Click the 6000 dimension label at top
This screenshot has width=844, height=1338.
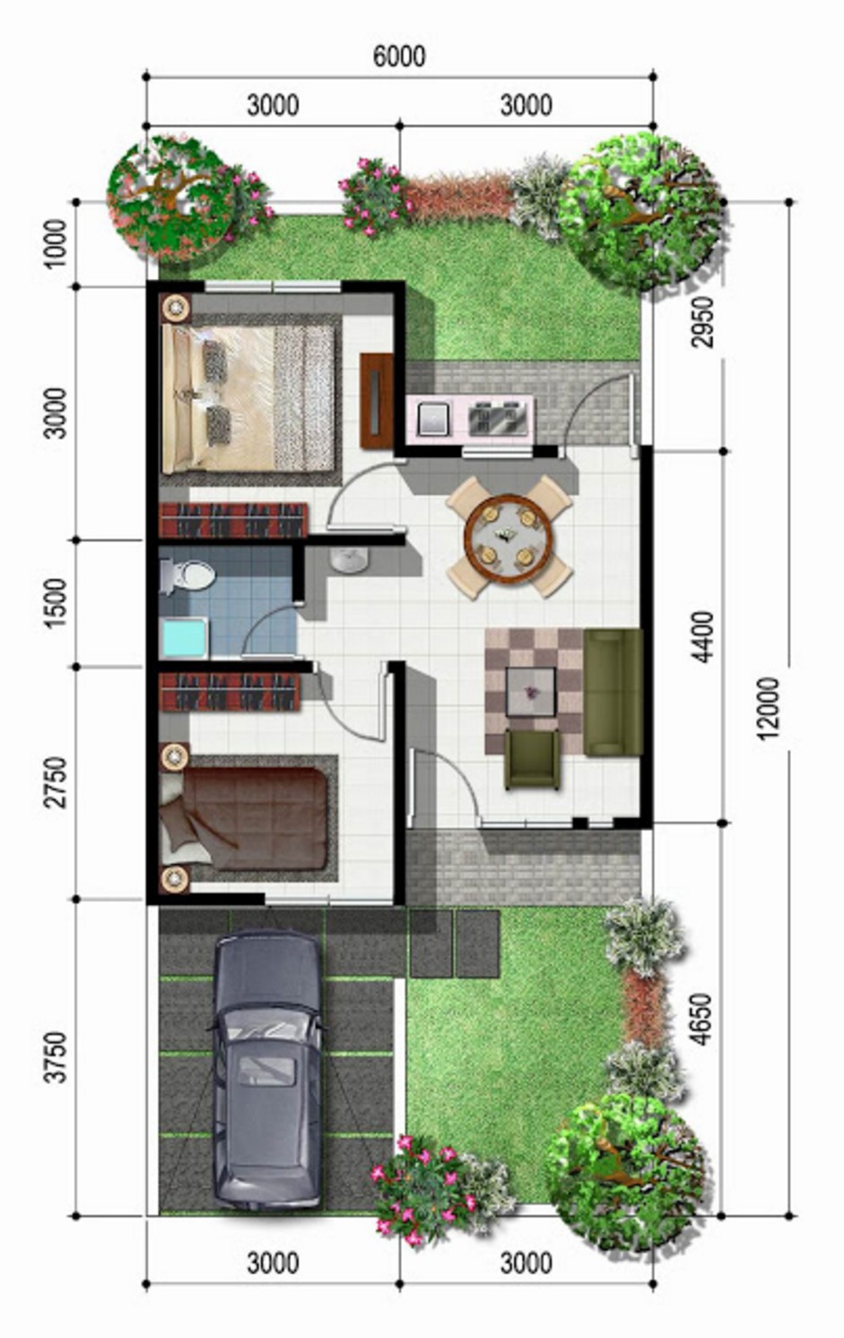[398, 57]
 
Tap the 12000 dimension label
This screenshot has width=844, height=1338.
[768, 708]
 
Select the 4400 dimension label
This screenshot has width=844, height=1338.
[704, 636]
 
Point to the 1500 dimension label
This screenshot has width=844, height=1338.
[56, 602]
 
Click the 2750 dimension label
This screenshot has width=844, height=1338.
[56, 783]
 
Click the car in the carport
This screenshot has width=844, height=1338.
[266, 1068]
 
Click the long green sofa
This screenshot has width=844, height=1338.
[613, 692]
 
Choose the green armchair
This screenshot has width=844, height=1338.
[533, 759]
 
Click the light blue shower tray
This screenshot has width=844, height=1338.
[183, 638]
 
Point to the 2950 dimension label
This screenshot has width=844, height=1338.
[704, 322]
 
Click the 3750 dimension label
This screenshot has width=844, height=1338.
[56, 1057]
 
